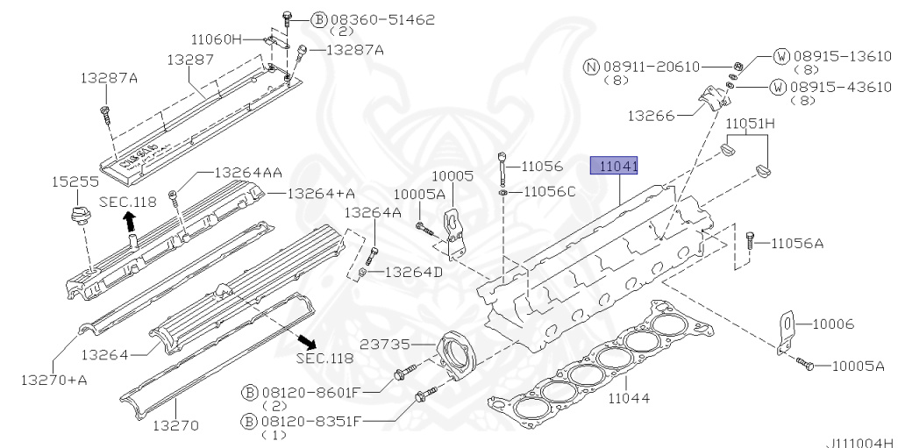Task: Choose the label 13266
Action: [x=652, y=115]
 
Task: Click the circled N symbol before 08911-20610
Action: [x=590, y=67]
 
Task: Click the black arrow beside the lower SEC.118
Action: [x=306, y=340]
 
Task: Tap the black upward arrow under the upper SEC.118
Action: [x=130, y=222]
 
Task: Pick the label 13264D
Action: [x=414, y=272]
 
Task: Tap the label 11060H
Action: [x=216, y=39]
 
